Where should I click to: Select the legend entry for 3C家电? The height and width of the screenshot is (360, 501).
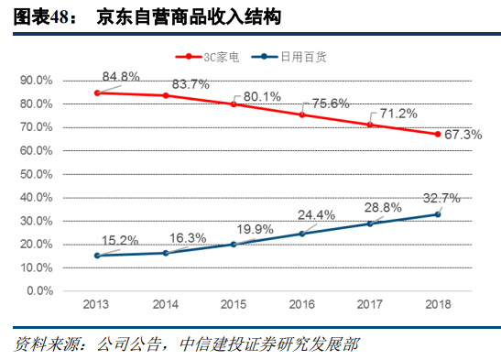(x=213, y=56)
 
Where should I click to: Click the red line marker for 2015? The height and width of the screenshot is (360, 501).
(x=233, y=104)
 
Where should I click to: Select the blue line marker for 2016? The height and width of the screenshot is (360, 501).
(x=301, y=234)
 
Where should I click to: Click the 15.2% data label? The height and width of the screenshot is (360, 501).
(x=119, y=241)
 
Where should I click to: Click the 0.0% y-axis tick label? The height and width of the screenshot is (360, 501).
(x=39, y=291)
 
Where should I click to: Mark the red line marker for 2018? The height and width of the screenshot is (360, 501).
(x=438, y=134)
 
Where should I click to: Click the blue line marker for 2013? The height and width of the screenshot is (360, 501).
(x=96, y=256)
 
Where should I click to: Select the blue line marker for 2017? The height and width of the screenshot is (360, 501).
(x=370, y=224)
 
